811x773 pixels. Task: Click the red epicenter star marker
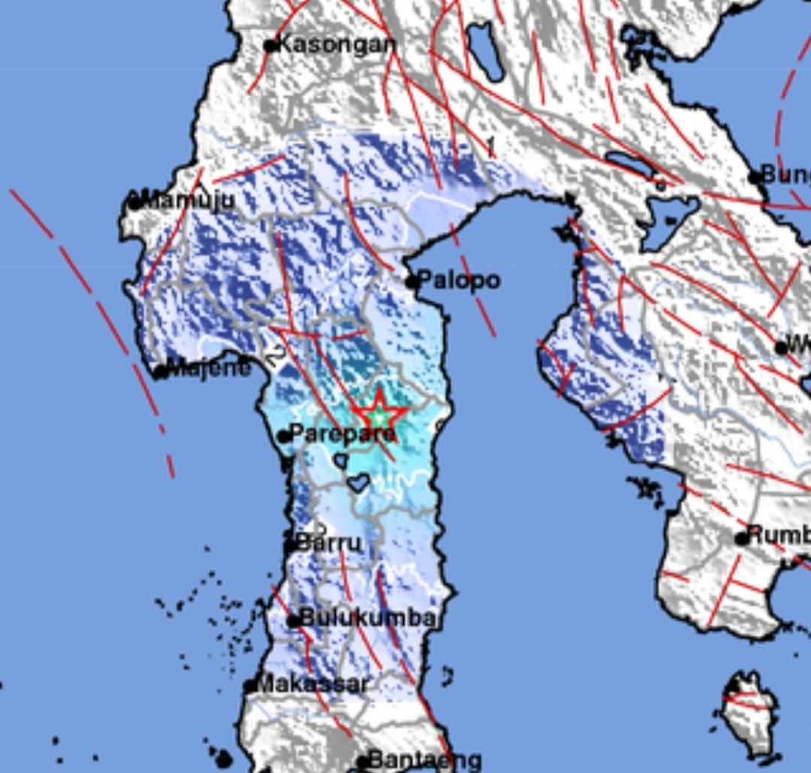380,413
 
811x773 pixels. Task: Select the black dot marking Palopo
412,282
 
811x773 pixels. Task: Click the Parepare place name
342,433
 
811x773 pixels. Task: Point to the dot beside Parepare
284,436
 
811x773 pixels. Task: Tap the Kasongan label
336,44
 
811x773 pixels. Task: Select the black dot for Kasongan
270,46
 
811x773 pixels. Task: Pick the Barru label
328,542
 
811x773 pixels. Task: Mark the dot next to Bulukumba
294,621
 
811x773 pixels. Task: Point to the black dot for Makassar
250,686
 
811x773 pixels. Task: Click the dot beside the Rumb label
742,538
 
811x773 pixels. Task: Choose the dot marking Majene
161,371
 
